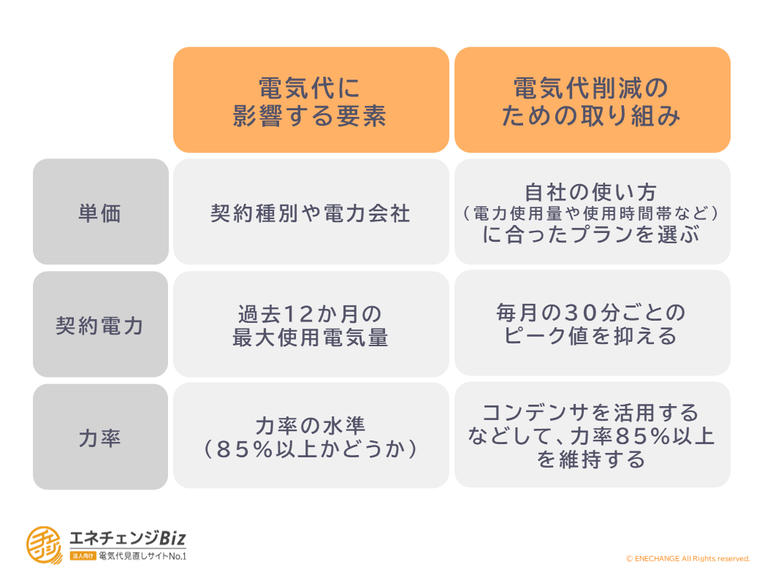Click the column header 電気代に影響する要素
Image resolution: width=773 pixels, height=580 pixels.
311,99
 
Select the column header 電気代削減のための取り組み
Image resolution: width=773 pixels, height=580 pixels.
592,99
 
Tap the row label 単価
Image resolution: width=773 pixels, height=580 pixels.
101,211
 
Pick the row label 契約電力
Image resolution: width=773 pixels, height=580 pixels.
101,324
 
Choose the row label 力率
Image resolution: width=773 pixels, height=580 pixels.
101,437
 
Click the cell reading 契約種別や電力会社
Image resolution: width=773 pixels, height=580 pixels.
311,211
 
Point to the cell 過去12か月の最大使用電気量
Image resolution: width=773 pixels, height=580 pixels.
311,324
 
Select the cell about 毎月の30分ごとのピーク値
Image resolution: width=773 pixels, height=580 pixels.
592,323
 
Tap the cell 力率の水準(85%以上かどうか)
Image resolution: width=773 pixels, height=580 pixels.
311,435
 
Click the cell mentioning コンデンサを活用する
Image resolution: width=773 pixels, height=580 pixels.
592,435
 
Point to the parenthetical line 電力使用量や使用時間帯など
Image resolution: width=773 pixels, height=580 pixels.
590,213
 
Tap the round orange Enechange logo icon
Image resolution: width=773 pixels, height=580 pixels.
45,545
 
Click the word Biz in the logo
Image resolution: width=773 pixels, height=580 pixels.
172,538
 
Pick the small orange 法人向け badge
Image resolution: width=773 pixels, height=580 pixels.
83,557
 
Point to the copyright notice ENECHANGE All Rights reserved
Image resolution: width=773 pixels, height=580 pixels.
688,558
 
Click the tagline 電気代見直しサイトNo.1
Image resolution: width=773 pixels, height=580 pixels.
142,557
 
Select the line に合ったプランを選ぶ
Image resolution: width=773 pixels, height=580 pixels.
591,234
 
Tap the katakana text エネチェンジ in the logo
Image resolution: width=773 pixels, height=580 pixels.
114,538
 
